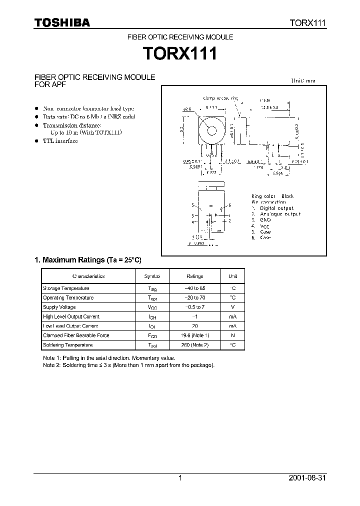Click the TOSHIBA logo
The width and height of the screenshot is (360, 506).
(x=62, y=22)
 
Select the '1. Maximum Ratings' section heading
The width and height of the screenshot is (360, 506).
(x=88, y=260)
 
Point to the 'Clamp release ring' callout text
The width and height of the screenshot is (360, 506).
(x=220, y=98)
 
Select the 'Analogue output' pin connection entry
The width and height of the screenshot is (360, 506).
(x=280, y=214)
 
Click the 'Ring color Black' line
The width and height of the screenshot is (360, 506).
(x=272, y=196)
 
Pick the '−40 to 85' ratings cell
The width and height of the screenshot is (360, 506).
(x=194, y=288)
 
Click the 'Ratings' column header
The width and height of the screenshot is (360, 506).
(x=194, y=276)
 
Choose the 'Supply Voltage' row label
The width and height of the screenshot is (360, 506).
(x=59, y=307)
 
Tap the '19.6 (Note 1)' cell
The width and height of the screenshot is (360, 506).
(x=194, y=335)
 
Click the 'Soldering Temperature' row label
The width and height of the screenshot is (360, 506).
(x=68, y=345)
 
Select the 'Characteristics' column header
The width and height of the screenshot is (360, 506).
(x=88, y=276)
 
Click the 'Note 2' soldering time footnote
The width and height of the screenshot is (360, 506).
(x=129, y=365)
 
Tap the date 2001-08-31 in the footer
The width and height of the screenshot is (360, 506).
(x=307, y=478)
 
